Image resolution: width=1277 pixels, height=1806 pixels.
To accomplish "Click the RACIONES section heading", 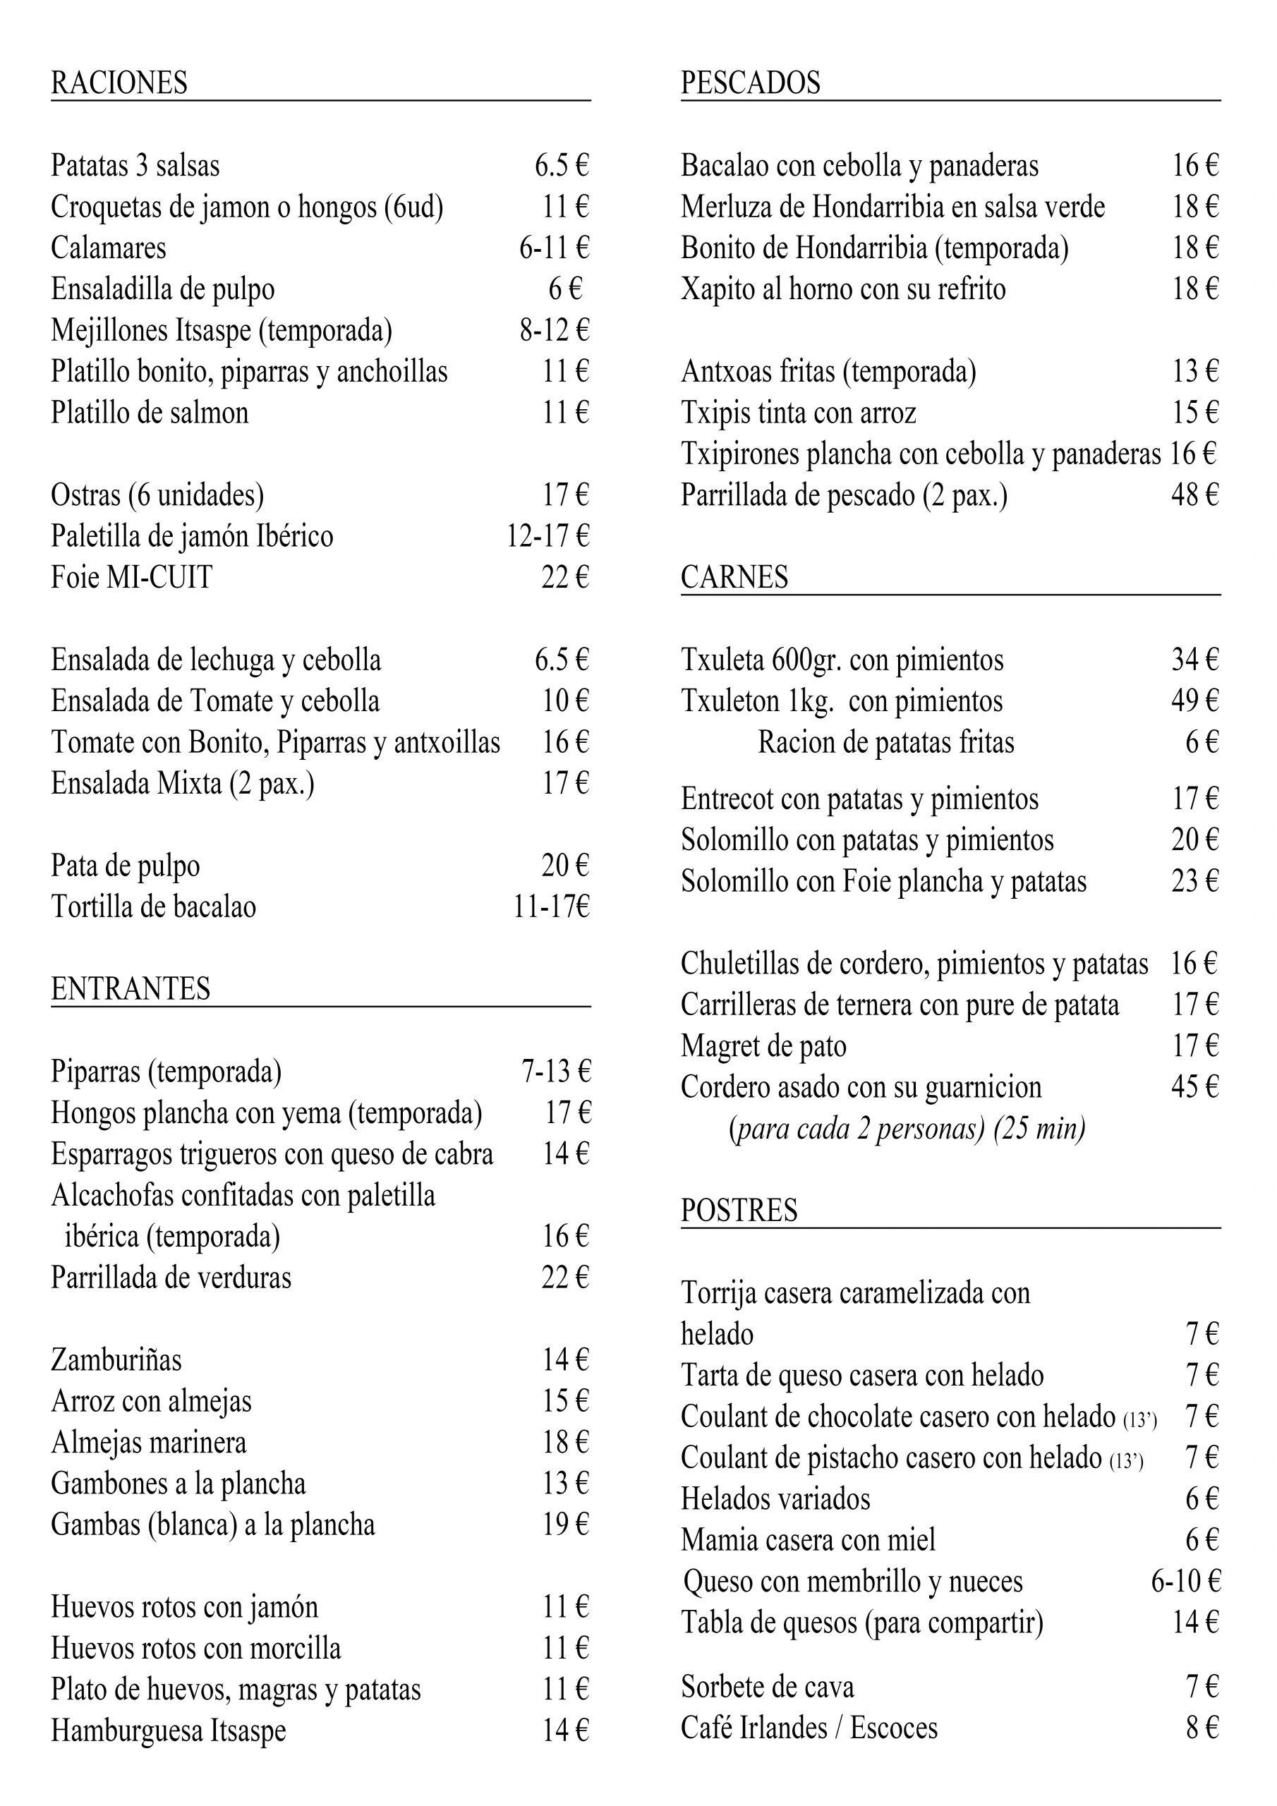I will point(120,83).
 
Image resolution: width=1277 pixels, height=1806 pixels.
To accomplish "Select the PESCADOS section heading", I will point(750,83).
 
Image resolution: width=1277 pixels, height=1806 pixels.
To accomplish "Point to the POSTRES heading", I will point(739,1210).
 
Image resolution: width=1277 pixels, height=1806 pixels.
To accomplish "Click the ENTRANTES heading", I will point(131,989).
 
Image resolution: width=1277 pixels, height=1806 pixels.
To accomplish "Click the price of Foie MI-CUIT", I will point(564,577).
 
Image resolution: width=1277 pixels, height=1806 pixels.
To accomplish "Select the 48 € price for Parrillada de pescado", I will point(1194,495).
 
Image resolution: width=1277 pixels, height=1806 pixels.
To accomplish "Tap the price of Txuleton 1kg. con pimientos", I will point(1194,701).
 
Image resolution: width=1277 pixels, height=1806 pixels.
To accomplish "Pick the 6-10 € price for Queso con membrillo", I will point(1185,1580).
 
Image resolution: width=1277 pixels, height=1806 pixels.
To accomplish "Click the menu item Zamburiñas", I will point(116,1360).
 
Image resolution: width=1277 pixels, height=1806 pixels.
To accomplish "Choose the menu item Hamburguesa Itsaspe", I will point(169,1731).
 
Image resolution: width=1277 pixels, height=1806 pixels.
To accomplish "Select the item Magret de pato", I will point(763,1046).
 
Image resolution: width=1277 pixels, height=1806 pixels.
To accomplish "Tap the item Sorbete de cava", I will point(767,1687).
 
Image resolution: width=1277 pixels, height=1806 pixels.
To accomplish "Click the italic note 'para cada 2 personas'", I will point(907,1129).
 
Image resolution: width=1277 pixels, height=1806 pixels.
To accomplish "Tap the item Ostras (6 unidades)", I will point(157,495).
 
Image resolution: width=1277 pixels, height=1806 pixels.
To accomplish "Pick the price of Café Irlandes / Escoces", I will point(1202,1728).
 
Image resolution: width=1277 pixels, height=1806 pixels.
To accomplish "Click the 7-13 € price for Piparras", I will point(555,1072).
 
